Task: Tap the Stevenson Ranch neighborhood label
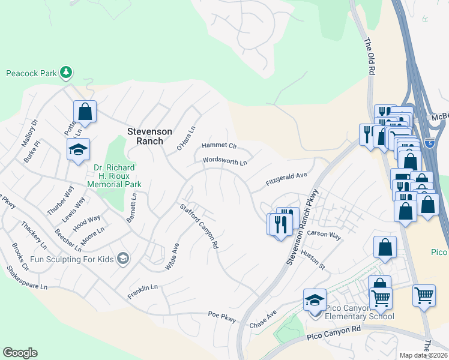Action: pos(149,136)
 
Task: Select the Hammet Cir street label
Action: pos(220,146)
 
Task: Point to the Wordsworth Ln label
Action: pos(224,161)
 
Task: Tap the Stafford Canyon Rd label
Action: pos(199,227)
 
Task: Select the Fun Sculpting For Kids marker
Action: pos(123,258)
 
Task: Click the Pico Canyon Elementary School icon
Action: pos(315,301)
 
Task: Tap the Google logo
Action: pos(20,352)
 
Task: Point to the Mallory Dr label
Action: pos(29,133)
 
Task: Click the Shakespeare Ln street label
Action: pos(26,278)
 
